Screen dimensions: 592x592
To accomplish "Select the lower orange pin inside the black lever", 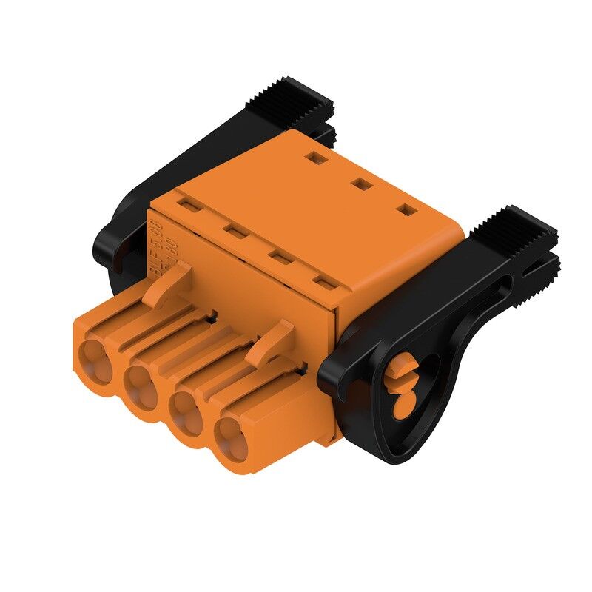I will pyautogui.click(x=403, y=403).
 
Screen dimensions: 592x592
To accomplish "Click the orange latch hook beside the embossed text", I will pyautogui.click(x=167, y=285).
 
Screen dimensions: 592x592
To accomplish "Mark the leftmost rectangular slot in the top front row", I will pyautogui.click(x=186, y=203).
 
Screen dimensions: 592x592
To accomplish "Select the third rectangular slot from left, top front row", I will pyautogui.click(x=278, y=257).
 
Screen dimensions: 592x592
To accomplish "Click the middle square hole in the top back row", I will pyautogui.click(x=360, y=183).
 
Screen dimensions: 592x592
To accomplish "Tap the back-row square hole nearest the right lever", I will pyautogui.click(x=406, y=211).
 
